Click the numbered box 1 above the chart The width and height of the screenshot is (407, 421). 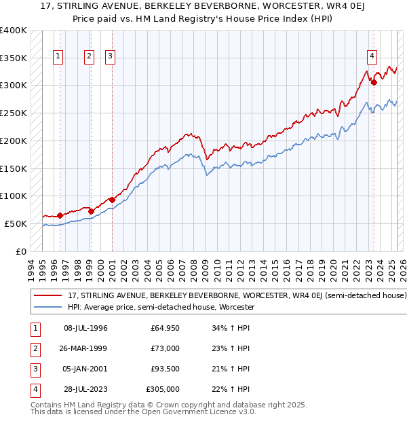(x=58, y=57)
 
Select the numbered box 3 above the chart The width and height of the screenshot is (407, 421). (x=110, y=57)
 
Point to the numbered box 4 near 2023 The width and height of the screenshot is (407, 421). (x=372, y=57)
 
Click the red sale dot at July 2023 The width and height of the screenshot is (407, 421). (x=374, y=82)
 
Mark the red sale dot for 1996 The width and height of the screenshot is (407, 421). (x=60, y=215)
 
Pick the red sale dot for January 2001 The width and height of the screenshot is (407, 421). (x=112, y=200)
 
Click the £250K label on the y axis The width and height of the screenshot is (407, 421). (x=14, y=113)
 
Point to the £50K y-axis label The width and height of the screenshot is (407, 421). (x=16, y=223)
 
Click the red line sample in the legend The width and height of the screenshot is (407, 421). (x=48, y=296)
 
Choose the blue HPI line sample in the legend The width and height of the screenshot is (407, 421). (x=48, y=307)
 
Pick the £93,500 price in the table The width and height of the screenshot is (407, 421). (x=165, y=369)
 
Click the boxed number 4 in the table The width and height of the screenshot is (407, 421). (x=34, y=389)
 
